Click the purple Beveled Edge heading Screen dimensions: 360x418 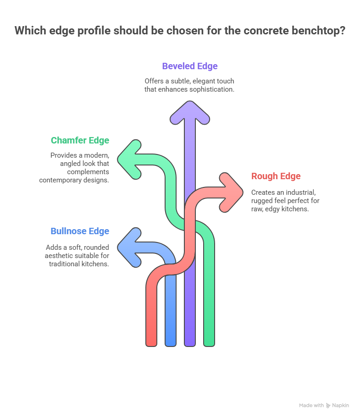click(190, 66)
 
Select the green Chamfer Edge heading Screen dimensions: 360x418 click(80, 140)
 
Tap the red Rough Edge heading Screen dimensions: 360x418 click(276, 176)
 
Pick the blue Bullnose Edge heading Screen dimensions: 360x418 click(80, 231)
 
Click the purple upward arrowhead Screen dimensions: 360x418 click(190, 112)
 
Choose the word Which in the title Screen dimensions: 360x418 click(29, 31)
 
